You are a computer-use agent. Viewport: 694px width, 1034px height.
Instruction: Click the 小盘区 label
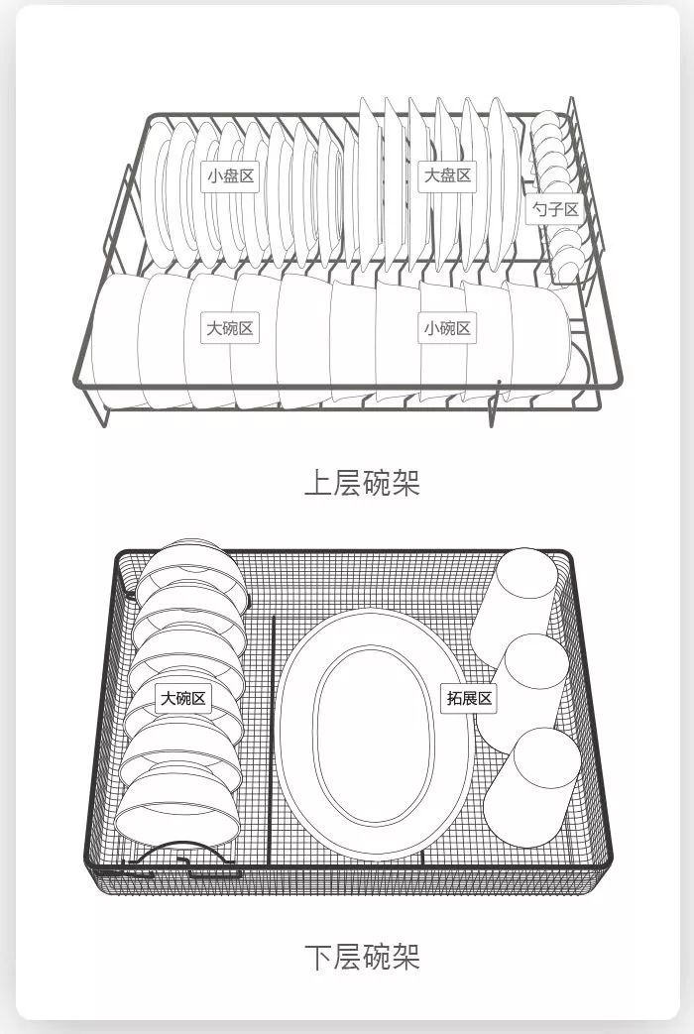[231, 176]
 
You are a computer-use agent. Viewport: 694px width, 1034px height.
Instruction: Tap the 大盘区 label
[447, 175]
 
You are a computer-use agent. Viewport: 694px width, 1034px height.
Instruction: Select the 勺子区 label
[554, 209]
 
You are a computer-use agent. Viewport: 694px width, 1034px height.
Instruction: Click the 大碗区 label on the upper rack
[230, 328]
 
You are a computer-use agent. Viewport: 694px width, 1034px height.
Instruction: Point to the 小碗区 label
[447, 328]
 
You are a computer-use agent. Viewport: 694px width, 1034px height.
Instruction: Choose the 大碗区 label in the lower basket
[183, 699]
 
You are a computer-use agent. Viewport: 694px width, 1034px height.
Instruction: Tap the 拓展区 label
[469, 698]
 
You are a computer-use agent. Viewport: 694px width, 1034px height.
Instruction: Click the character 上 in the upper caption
[317, 483]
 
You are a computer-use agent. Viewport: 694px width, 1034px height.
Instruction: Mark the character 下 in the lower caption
[317, 957]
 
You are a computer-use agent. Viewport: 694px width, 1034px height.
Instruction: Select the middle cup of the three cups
[523, 684]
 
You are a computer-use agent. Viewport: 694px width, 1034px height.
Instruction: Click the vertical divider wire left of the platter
[274, 734]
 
